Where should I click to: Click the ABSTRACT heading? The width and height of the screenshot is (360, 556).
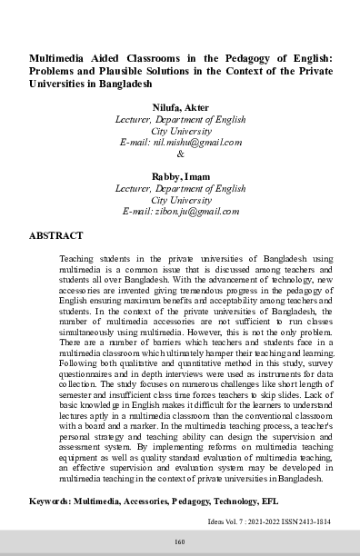click(x=56, y=234)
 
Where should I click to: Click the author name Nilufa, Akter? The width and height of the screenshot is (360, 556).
click(x=181, y=108)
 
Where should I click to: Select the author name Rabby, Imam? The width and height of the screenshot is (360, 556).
click(x=181, y=175)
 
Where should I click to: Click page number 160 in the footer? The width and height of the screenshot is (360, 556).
click(x=180, y=542)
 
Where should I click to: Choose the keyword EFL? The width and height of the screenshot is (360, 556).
click(x=257, y=501)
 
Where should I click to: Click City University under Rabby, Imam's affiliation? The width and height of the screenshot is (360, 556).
click(x=181, y=198)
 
